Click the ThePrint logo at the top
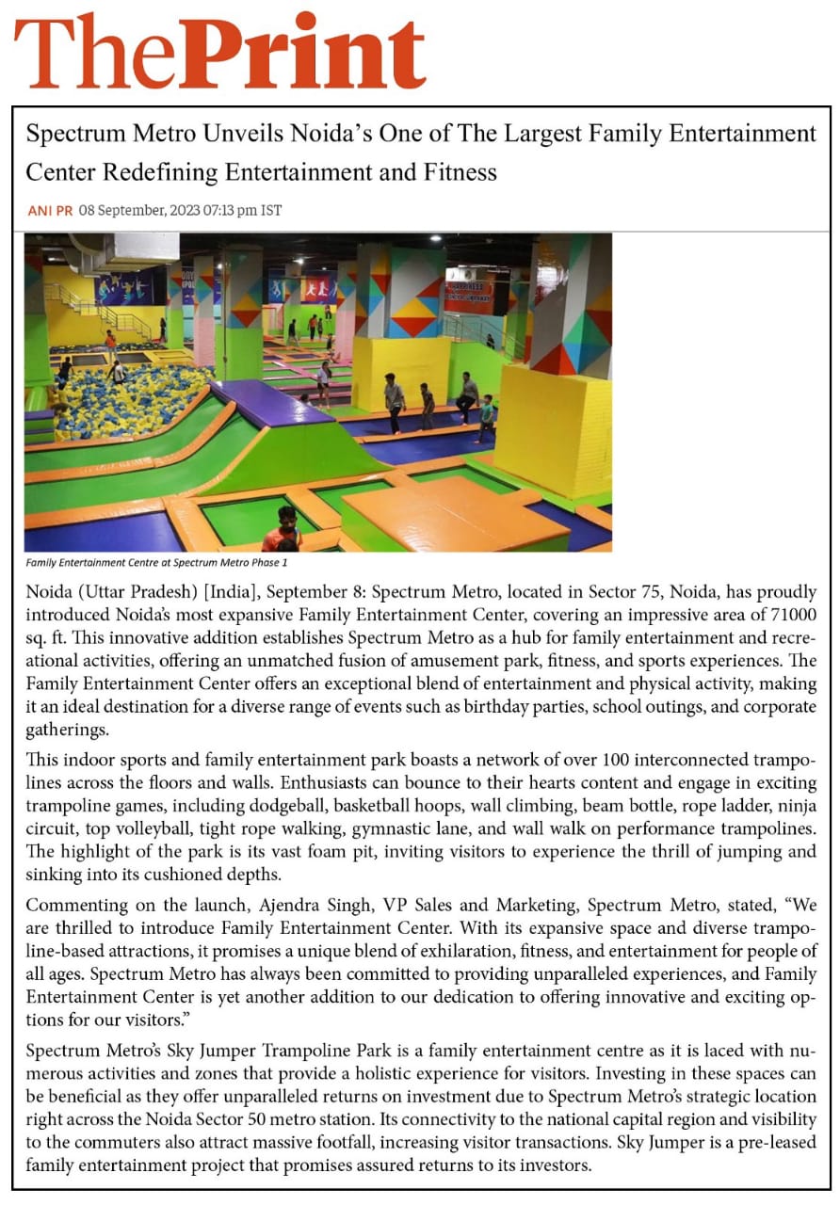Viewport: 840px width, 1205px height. pyautogui.click(x=219, y=51)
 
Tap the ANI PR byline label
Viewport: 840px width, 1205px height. pyautogui.click(x=50, y=211)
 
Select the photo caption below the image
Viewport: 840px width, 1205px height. pyautogui.click(x=156, y=563)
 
